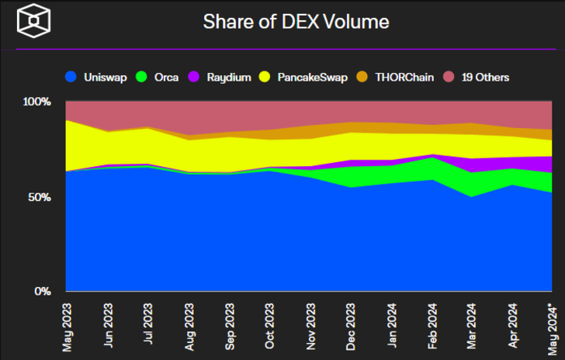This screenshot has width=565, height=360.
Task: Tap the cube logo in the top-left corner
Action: pos(34,21)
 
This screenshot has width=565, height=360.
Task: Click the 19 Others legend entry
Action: pos(477,77)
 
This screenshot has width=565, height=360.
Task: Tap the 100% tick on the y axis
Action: pos(36,102)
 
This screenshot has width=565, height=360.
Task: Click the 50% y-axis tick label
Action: pos(39,197)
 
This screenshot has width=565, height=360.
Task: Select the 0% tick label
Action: pos(42,292)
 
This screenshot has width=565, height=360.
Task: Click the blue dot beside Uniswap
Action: pos(71,77)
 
